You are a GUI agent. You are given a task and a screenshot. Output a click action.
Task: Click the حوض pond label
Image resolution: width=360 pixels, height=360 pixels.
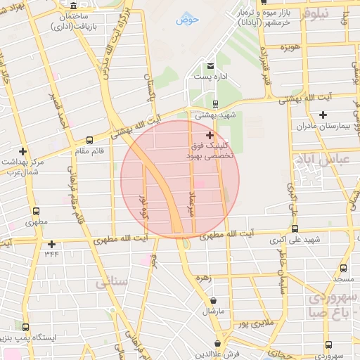[188, 20]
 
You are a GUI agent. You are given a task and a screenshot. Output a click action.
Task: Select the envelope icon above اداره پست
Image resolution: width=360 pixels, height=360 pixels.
[209, 65]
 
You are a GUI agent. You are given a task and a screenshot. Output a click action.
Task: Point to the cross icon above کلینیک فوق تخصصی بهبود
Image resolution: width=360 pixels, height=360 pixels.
[210, 134]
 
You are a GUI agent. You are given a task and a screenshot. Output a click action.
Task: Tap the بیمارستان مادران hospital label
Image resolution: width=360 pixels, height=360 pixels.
[323, 126]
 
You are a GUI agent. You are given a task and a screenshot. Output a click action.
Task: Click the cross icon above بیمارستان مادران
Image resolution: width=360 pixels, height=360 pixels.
[323, 115]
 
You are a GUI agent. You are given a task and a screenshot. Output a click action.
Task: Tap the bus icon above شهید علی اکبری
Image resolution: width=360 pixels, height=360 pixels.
[295, 229]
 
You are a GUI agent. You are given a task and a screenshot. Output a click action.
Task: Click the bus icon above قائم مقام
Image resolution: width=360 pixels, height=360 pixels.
[89, 139]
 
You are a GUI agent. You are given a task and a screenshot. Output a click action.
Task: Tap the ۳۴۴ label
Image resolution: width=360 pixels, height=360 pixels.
[51, 255]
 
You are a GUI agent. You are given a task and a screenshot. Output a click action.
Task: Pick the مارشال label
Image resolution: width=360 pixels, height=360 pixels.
[212, 310]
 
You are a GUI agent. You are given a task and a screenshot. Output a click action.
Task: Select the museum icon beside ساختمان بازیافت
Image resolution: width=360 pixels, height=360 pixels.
[74, 6]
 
